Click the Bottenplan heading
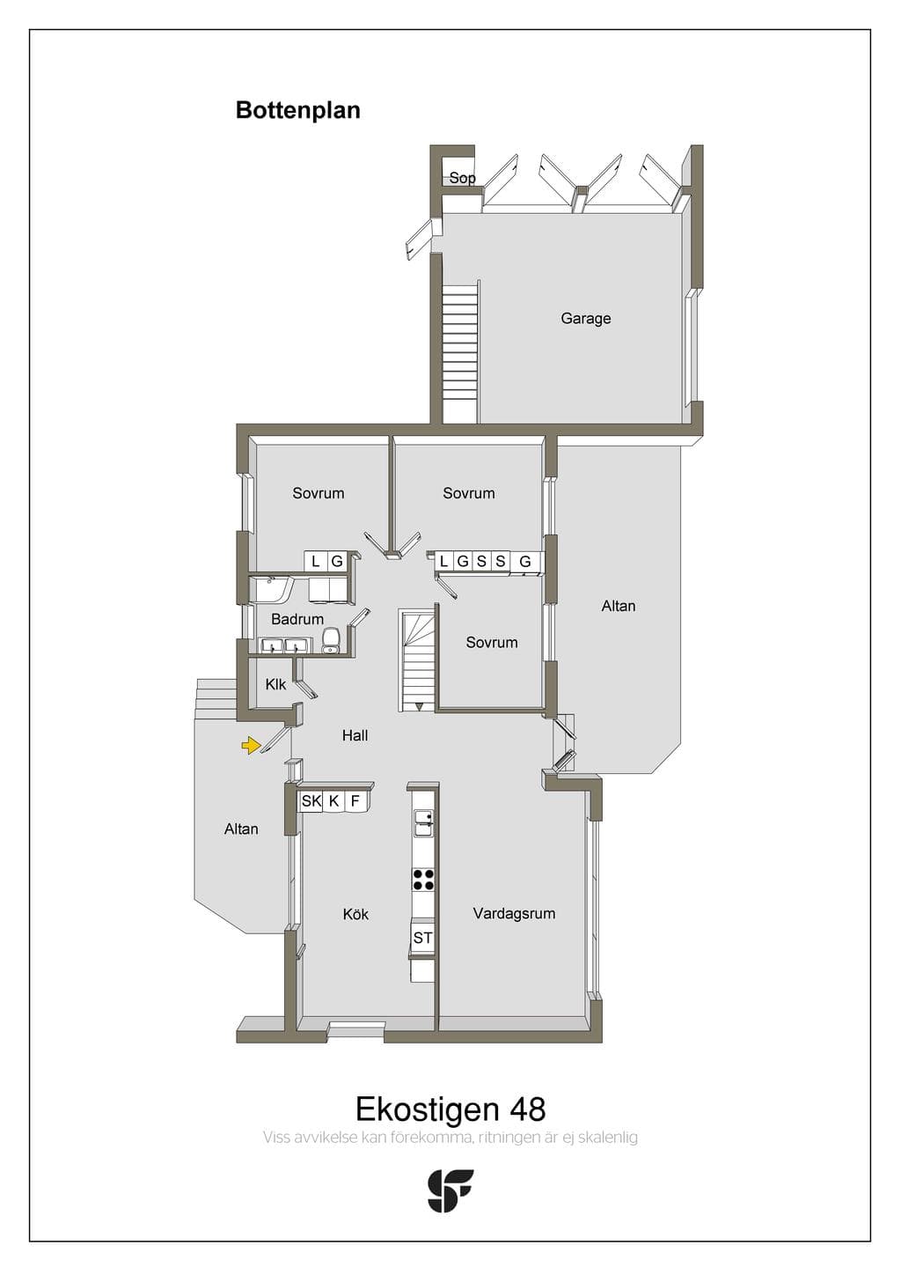298,110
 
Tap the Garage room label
585,318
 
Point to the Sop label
462,178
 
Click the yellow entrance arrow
251,745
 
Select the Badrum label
297,619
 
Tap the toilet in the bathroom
331,640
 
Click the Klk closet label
275,684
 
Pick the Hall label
355,735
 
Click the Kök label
355,914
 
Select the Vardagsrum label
514,914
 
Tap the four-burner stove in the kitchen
423,880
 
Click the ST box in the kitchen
422,938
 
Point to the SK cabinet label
311,801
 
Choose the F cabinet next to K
355,801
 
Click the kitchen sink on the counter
423,823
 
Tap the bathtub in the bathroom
271,588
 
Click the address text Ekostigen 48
450,1109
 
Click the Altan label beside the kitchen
240,829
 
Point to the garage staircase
460,354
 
